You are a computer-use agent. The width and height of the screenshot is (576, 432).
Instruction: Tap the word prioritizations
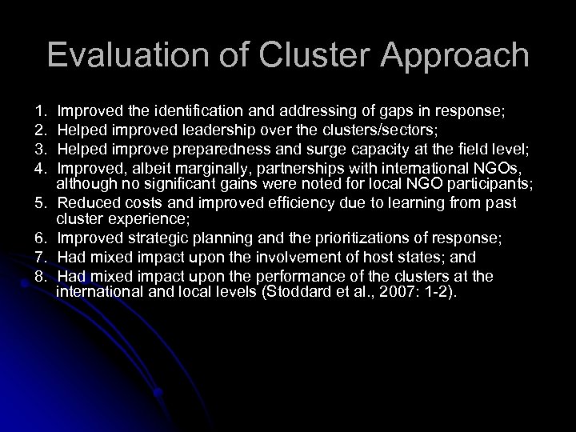point(346,240)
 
